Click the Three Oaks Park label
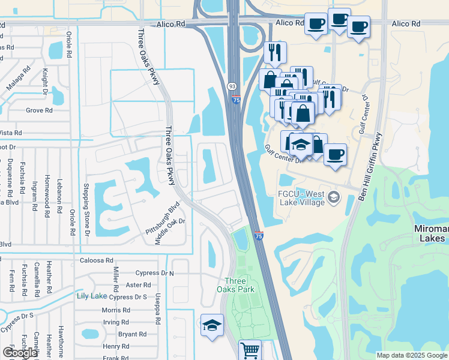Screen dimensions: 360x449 coord(240,285)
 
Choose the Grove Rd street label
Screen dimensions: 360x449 coord(39,110)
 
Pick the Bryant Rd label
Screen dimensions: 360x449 coord(133,334)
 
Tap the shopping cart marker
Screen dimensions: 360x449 coord(250,350)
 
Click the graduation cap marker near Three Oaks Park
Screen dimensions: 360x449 coord(212,325)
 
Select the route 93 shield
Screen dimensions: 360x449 coord(232,86)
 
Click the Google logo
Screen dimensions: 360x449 coord(20,353)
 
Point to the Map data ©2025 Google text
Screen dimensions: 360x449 coord(412,355)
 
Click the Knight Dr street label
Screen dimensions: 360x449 coord(44,81)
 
